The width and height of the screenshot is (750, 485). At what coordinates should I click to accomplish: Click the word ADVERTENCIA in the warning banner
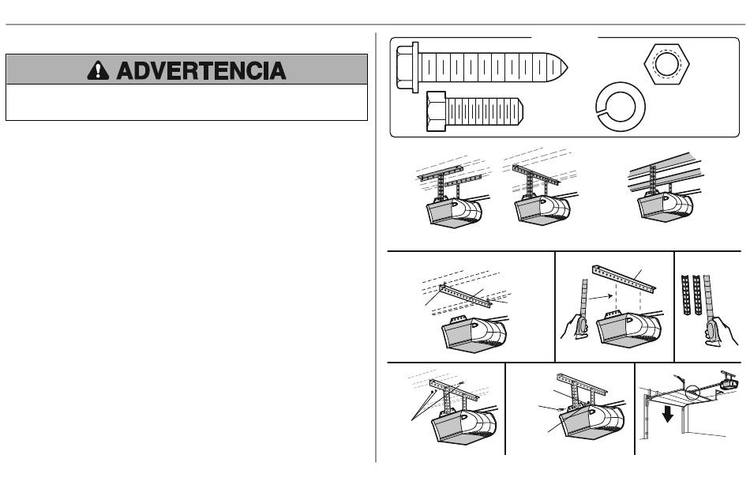click(201, 70)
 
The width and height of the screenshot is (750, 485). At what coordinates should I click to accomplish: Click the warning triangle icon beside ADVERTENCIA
click(98, 70)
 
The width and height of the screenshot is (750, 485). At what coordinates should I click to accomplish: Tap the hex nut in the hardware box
click(666, 64)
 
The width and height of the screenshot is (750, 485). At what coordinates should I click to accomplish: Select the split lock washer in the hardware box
click(621, 107)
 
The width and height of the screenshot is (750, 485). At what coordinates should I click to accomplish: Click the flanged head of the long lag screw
click(407, 67)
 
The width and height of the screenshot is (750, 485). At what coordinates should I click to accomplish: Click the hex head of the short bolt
click(437, 111)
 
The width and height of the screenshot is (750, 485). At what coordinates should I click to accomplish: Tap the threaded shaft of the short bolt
click(485, 111)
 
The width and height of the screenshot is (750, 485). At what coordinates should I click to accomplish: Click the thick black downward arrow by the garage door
click(668, 414)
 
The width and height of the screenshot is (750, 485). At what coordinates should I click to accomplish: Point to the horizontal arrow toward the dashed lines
click(600, 297)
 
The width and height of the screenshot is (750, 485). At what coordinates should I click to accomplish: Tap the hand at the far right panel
click(719, 331)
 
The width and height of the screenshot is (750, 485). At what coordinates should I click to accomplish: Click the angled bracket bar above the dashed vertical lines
click(624, 279)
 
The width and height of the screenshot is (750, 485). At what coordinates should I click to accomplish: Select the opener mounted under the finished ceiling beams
click(665, 207)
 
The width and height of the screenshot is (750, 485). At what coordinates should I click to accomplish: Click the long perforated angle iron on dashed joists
click(465, 296)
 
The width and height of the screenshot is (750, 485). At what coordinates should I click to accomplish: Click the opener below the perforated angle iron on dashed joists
click(474, 334)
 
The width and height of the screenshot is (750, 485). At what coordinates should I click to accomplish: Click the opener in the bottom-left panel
click(463, 427)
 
